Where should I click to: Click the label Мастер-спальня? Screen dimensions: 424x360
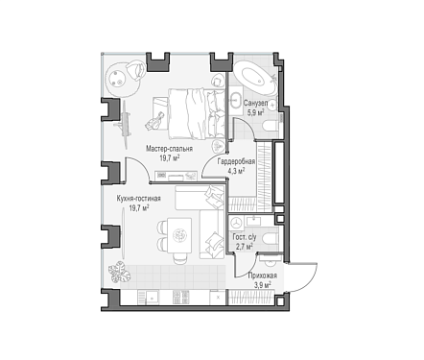[x=169, y=149]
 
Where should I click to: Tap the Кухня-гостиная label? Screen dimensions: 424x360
[x=138, y=199]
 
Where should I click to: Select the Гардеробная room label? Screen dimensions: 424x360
[x=236, y=161]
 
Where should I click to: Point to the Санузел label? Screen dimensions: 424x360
[x=255, y=103]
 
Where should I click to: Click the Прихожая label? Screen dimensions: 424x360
[x=263, y=276]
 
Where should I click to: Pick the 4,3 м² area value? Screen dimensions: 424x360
[x=236, y=171]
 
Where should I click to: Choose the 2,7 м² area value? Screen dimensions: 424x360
[x=245, y=246]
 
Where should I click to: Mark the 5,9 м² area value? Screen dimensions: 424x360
[x=255, y=112]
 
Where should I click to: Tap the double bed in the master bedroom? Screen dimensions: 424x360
[x=197, y=113]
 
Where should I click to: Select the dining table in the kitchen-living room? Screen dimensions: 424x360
[x=179, y=235]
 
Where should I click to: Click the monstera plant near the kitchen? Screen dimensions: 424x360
[x=119, y=272]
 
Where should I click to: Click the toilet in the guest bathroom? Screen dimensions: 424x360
[x=271, y=239]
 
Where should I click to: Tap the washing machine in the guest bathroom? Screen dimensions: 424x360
[x=236, y=223]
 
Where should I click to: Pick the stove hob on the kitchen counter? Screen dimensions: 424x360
[x=181, y=298]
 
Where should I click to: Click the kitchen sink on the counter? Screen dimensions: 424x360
[x=149, y=298]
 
